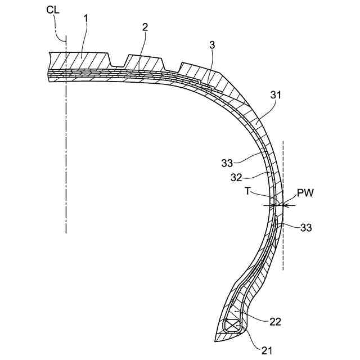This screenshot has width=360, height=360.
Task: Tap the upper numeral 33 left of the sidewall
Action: tap(227, 163)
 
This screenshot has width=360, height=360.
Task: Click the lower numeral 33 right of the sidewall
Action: tap(305, 228)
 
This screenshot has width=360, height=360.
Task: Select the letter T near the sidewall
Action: tap(247, 192)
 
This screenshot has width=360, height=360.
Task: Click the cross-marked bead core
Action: tap(232, 326)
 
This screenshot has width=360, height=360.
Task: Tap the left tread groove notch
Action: tap(120, 61)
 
